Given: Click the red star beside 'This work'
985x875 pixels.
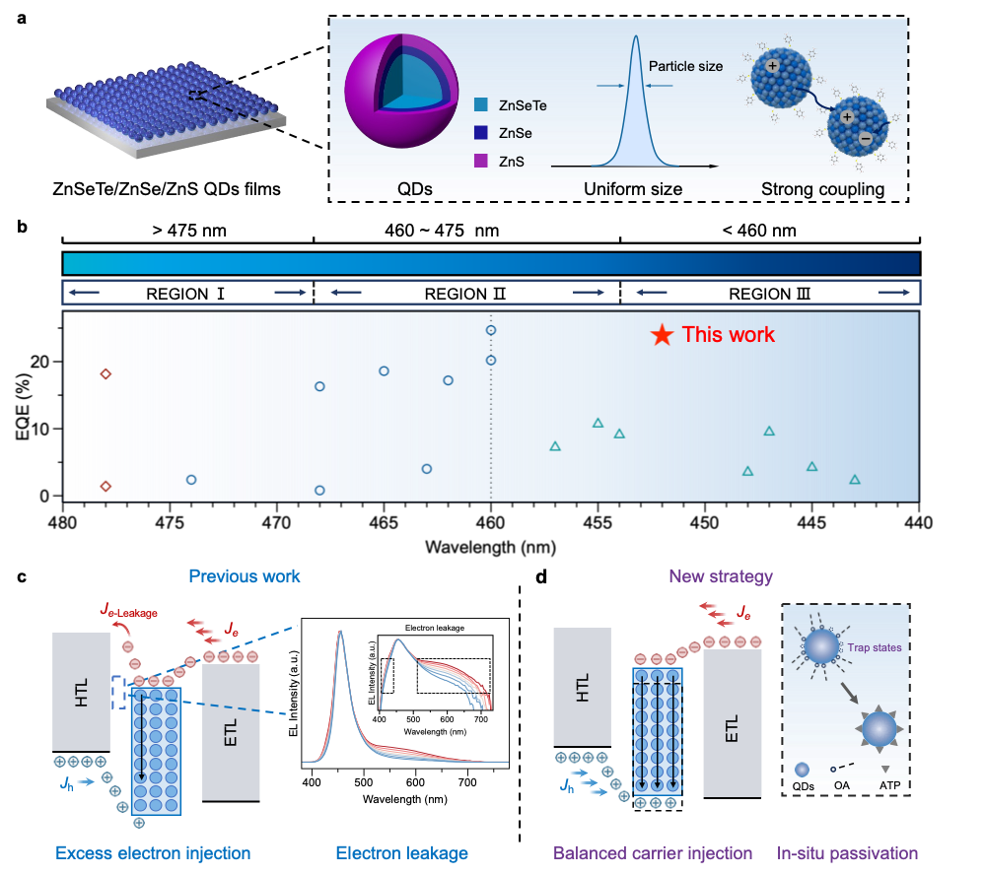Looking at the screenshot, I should point(662,336).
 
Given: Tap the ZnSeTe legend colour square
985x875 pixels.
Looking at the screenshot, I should point(480,103).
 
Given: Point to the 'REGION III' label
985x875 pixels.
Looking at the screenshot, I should point(770,294).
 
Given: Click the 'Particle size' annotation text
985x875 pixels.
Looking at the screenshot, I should point(685,67).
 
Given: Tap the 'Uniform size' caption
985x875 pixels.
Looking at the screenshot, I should point(633,189).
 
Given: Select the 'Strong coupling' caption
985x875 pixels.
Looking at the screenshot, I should point(822,189).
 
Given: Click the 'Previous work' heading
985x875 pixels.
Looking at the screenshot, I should point(245,576).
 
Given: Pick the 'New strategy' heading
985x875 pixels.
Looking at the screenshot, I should point(721,576).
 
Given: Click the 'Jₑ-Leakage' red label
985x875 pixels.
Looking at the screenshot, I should point(128,613).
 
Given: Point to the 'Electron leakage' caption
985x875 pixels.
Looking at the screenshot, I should point(401,853).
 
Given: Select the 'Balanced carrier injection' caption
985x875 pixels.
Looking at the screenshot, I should point(653,853).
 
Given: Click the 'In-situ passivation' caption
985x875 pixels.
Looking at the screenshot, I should point(847,853).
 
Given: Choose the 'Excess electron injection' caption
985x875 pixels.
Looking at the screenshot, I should point(153,853).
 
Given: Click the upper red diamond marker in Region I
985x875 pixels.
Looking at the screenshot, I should point(106,373).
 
